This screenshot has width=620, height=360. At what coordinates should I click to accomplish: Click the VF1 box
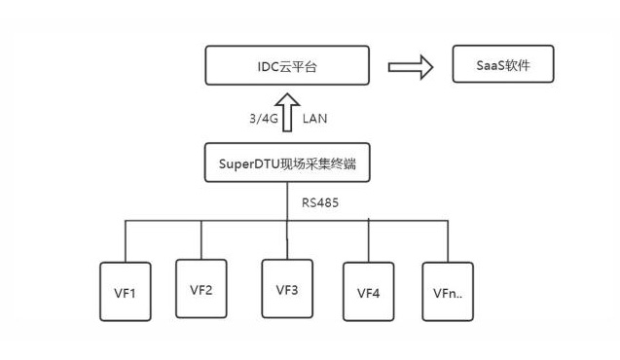pos(128,292)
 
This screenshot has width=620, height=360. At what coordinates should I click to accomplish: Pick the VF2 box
pos(201,288)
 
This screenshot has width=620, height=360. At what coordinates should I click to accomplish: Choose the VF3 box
pos(287,289)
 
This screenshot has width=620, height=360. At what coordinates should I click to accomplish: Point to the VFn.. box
pos(446,291)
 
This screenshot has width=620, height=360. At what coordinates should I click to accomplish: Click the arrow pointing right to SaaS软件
pos(410,67)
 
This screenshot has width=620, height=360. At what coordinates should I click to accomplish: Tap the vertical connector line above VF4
pos(369,240)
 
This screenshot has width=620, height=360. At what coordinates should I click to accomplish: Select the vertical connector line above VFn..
pos(446,240)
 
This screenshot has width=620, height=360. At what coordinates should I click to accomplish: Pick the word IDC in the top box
pos(258,67)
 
